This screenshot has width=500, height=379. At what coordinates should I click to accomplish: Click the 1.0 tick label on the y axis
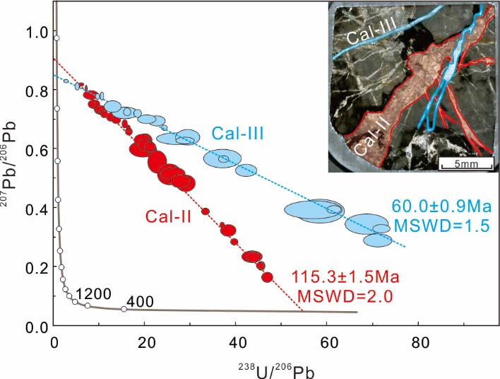pos(35,33)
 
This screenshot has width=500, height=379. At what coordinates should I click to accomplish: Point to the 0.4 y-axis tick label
pos(35,209)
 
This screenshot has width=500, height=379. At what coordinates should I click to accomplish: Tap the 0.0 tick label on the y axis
pos(35,327)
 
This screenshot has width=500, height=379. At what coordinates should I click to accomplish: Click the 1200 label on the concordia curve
pos(91,293)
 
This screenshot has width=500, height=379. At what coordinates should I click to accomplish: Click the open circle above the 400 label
pos(124,309)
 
